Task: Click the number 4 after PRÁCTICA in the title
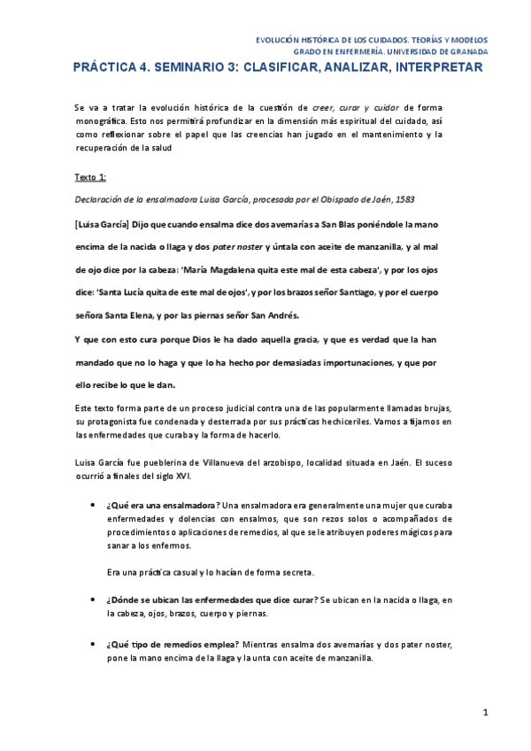156,67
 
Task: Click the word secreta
295,572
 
